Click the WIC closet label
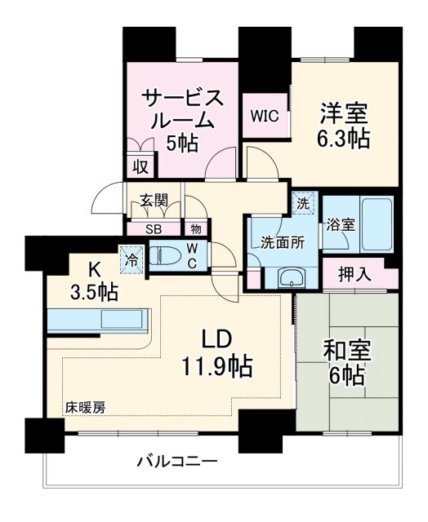pyautogui.click(x=265, y=117)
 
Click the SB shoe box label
pyautogui.click(x=153, y=230)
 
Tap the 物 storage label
pyautogui.click(x=196, y=230)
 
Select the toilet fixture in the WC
pyautogui.click(x=167, y=256)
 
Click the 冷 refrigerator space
pyautogui.click(x=131, y=259)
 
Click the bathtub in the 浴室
pyautogui.click(x=377, y=224)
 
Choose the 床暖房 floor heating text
pyautogui.click(x=85, y=405)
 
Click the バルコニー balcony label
pyautogui.click(x=176, y=462)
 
